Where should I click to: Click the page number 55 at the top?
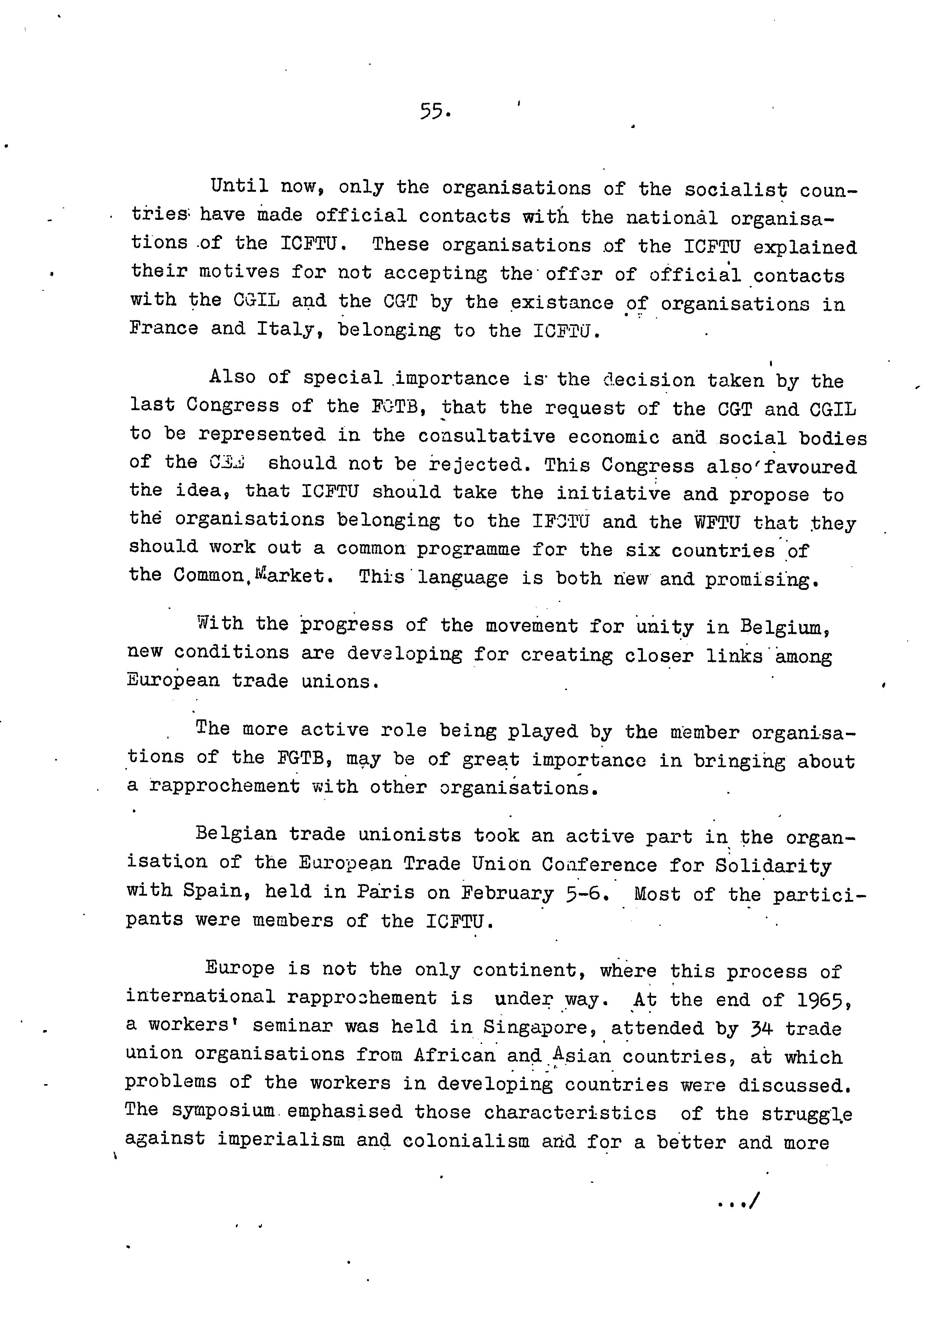[x=433, y=111]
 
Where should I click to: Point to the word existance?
[x=561, y=302]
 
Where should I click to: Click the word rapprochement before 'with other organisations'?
[x=225, y=786]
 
